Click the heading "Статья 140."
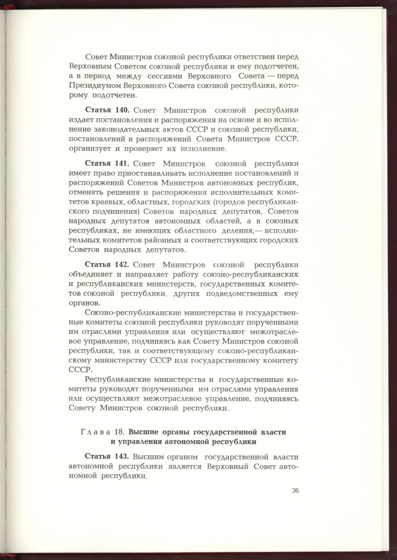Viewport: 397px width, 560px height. coord(107,110)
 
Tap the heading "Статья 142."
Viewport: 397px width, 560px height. coord(107,265)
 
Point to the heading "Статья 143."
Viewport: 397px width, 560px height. coord(107,456)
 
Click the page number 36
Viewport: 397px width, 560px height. coord(296,491)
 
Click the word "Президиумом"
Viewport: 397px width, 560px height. coord(95,86)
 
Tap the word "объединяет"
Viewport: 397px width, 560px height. coord(86,274)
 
